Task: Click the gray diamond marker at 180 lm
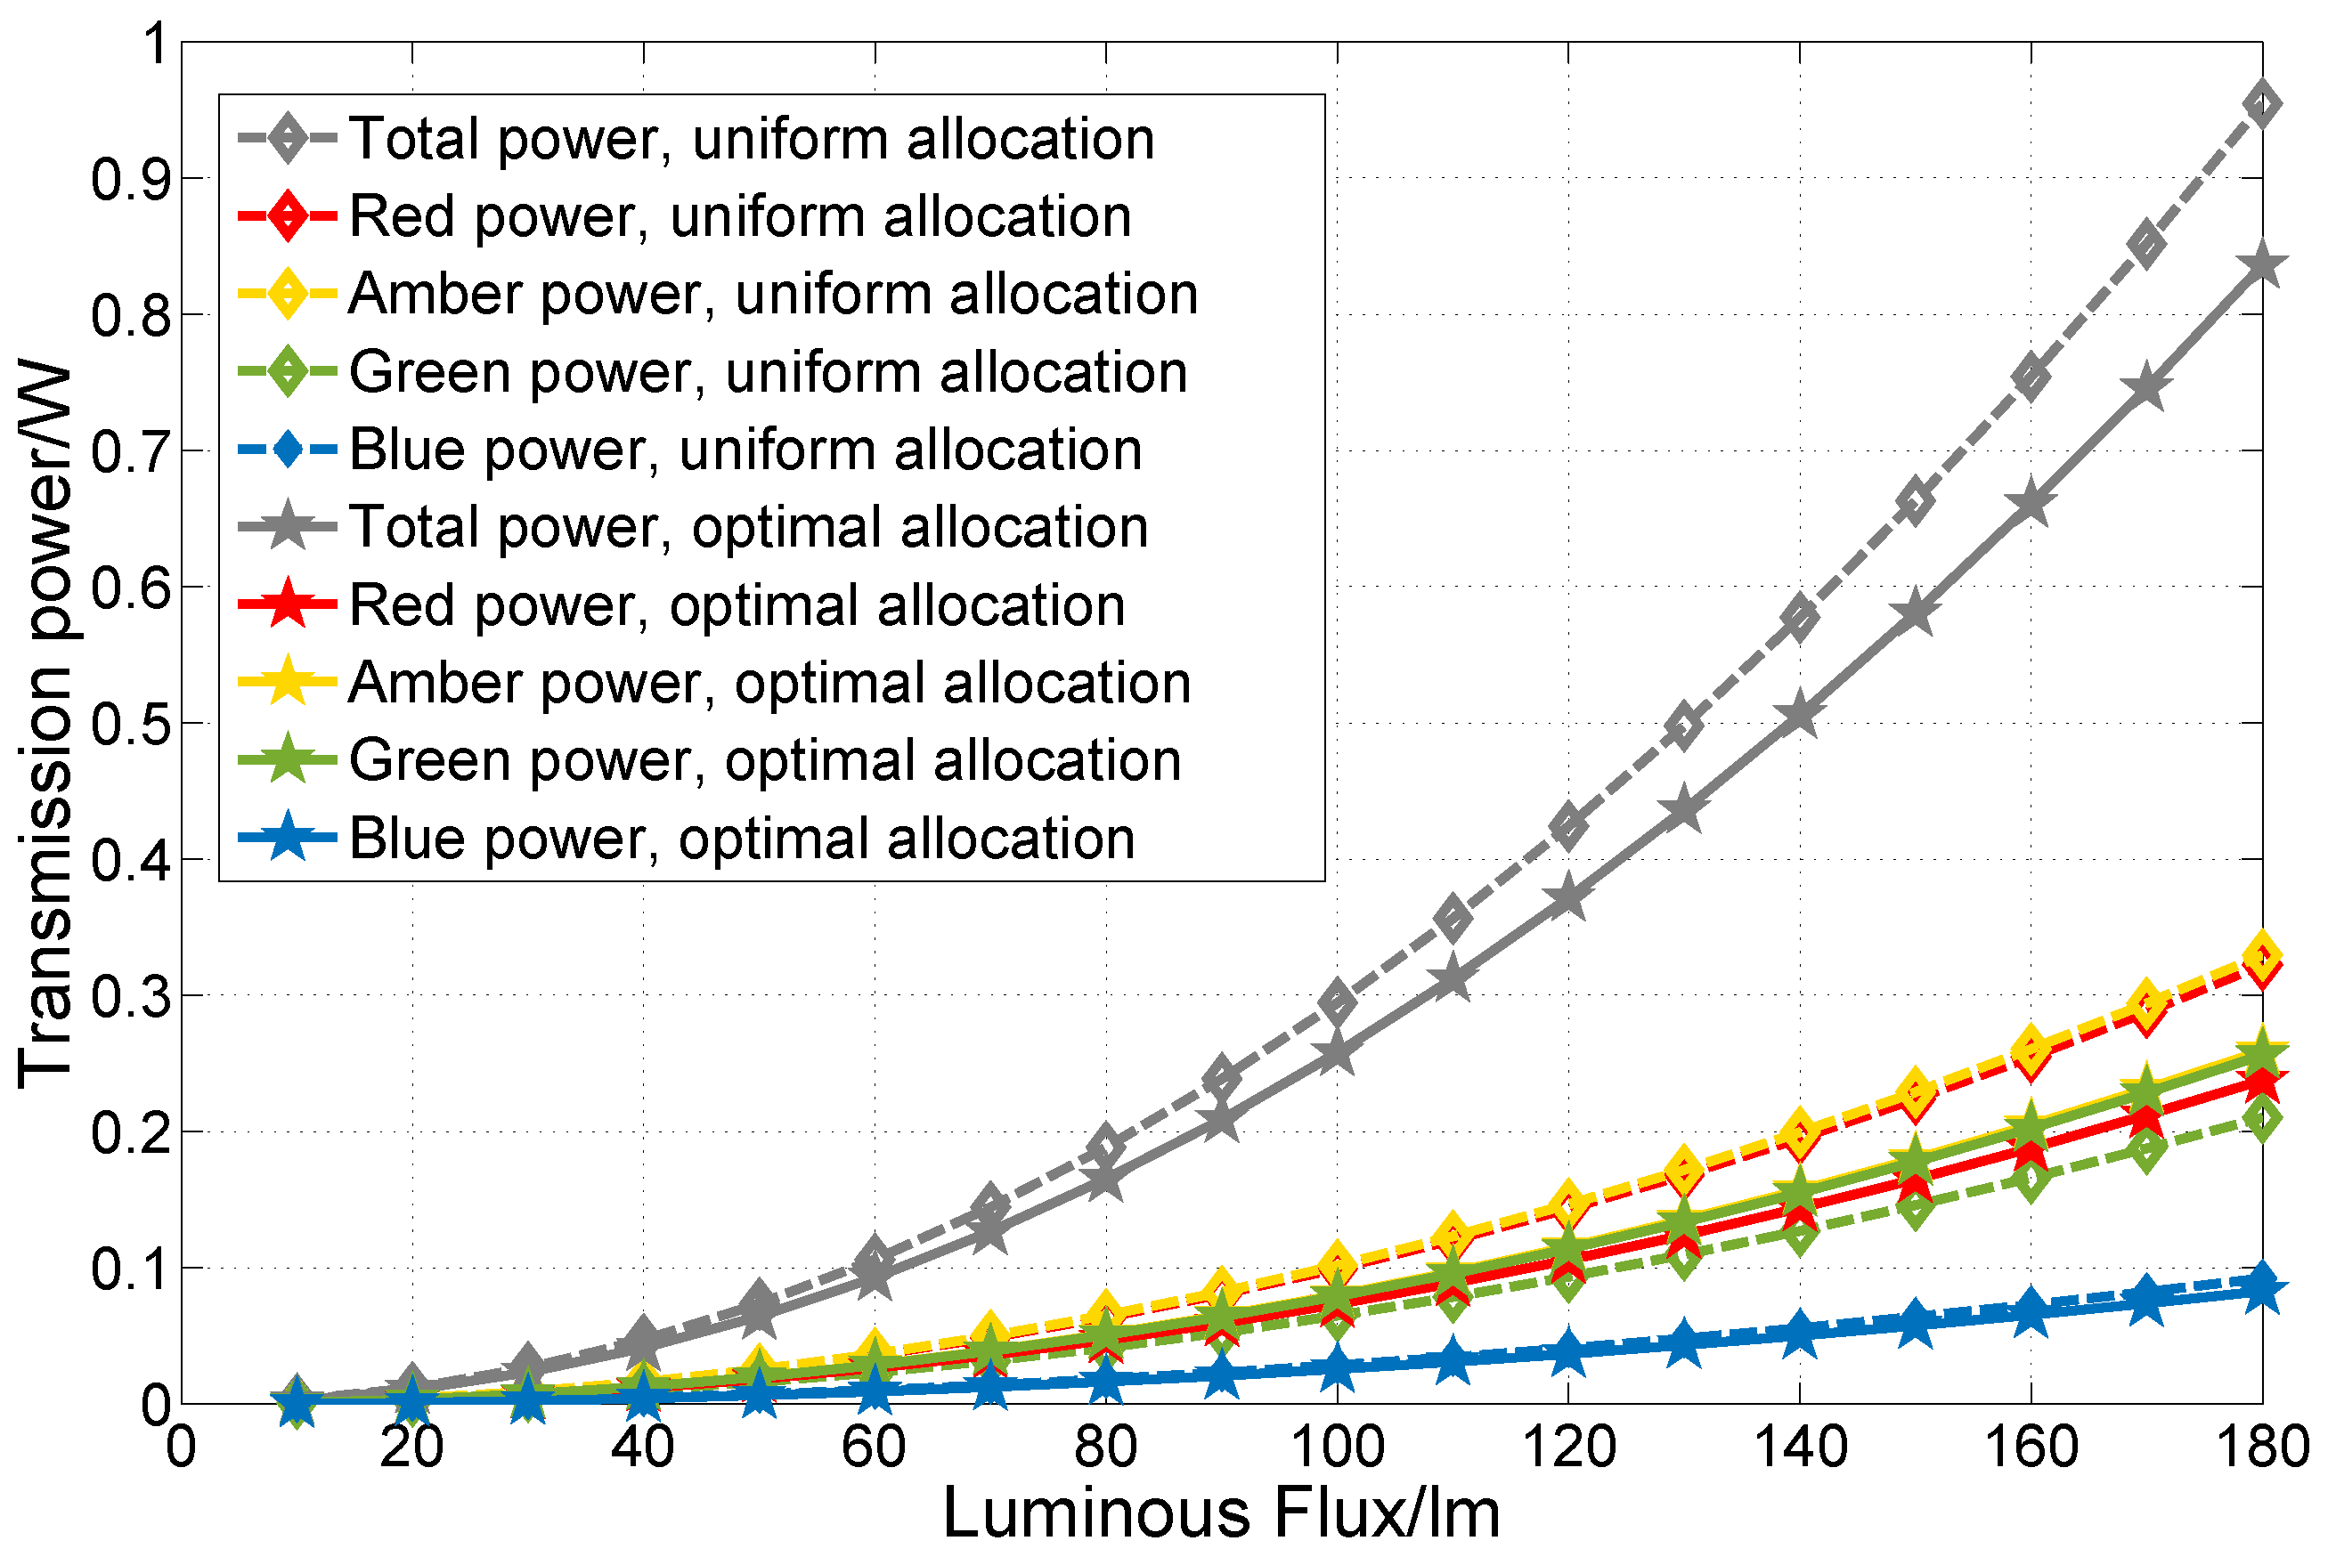coord(2261,104)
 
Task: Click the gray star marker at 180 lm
coord(2261,266)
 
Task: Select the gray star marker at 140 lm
coord(1800,716)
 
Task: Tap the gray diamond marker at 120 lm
coord(1568,825)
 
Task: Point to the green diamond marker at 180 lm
coord(2261,1120)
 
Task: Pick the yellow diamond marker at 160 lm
coord(2030,1048)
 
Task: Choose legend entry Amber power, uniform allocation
coord(773,294)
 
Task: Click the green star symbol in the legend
coord(287,759)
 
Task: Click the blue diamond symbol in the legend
coord(287,449)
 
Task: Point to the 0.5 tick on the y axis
coord(182,724)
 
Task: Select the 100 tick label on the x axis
coord(1337,1448)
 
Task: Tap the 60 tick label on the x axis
coord(874,1448)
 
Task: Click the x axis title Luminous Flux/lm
coord(1221,1513)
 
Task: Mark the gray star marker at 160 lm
coord(2030,505)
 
